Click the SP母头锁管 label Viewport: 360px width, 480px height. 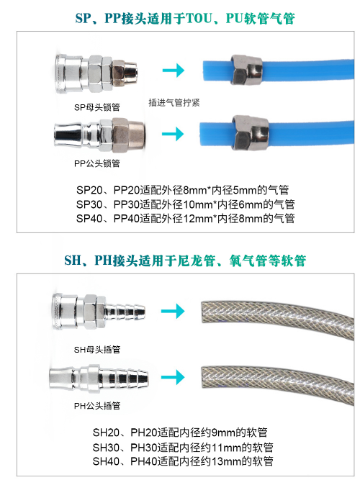click(x=96, y=107)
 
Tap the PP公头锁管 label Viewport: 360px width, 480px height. click(x=96, y=163)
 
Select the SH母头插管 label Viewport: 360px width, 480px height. click(x=97, y=350)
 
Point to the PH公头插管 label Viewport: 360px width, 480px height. click(x=97, y=406)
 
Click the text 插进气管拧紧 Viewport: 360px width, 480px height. click(x=174, y=103)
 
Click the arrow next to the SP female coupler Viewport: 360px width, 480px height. click(x=174, y=70)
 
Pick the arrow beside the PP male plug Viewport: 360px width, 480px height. click(x=173, y=134)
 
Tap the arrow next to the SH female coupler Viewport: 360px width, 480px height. click(x=173, y=312)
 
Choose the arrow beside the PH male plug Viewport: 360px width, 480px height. click(x=173, y=377)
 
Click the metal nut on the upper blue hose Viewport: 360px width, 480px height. click(x=247, y=71)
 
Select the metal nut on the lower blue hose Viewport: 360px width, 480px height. click(x=251, y=132)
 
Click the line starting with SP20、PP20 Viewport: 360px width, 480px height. click(x=183, y=190)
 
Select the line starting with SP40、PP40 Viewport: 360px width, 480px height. click(x=185, y=219)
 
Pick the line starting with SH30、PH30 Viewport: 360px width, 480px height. click(x=183, y=447)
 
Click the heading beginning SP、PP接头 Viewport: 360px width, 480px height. click(x=185, y=18)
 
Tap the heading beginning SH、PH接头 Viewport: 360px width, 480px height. click(x=185, y=261)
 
